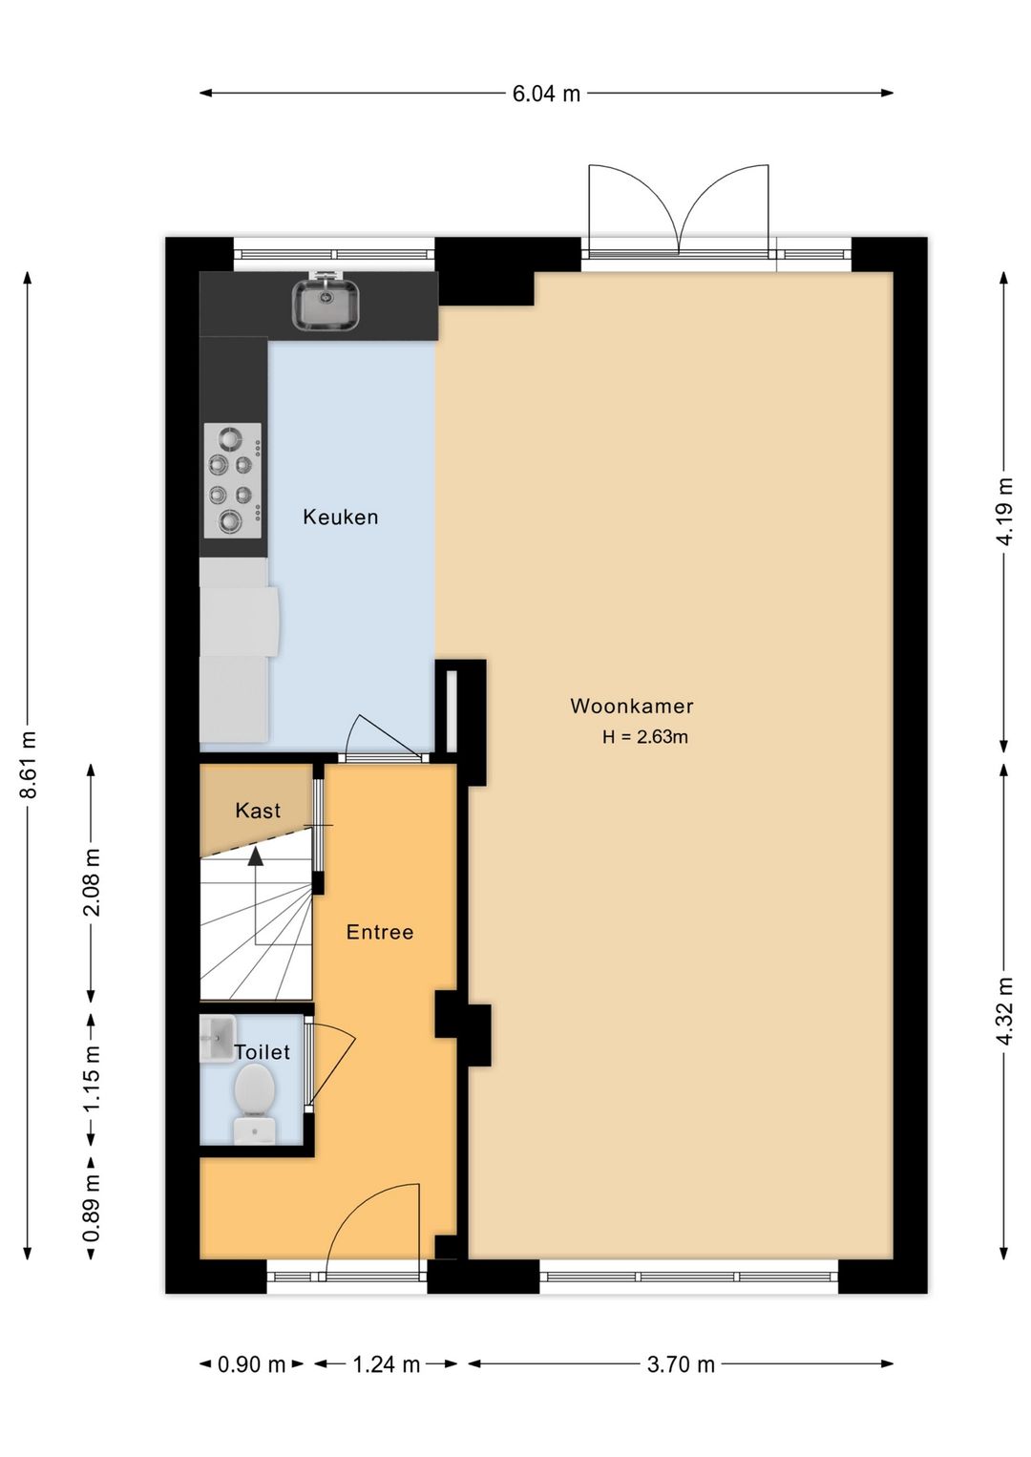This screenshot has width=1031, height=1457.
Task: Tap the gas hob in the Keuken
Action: click(x=233, y=480)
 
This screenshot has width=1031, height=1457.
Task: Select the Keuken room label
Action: click(x=340, y=517)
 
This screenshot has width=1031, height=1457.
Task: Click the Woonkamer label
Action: click(x=632, y=707)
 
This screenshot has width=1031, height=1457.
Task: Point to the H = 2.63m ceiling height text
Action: click(x=644, y=738)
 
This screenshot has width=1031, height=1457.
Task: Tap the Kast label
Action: click(x=258, y=811)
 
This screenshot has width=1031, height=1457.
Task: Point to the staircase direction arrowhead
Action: click(x=256, y=856)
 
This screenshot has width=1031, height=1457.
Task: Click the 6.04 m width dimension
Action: click(x=546, y=94)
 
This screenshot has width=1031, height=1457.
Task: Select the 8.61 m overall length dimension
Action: click(x=28, y=764)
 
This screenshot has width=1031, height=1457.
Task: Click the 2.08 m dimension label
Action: click(x=92, y=882)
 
